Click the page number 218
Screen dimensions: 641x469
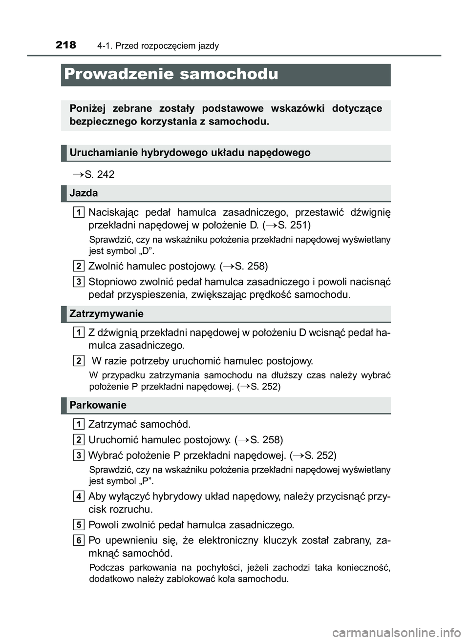pos(66,45)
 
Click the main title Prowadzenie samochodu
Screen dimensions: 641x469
pos(171,74)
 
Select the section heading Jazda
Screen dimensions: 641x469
pos(84,193)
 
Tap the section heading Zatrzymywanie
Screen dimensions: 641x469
pos(107,313)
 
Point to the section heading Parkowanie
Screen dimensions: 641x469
pos(98,405)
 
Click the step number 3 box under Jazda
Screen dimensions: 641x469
pos(79,282)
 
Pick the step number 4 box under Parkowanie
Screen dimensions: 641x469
pos(79,496)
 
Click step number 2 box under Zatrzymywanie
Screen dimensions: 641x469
pos(79,361)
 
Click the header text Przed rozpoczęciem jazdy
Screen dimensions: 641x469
pos(158,46)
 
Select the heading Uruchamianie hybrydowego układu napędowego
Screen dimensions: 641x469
pos(190,152)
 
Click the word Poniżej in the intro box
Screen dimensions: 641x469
pos(87,108)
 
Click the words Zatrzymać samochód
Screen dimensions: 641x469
pos(139,424)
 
